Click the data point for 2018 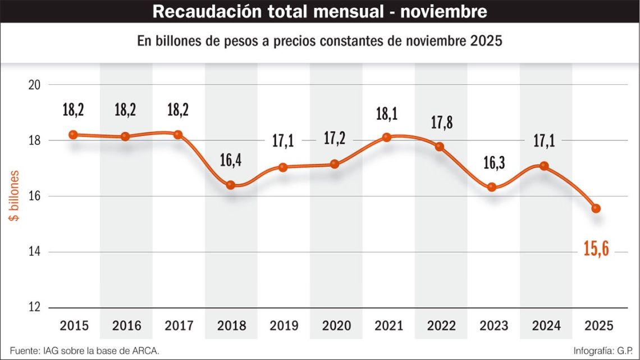pyautogui.click(x=231, y=185)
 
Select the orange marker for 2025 pyautogui.click(x=596, y=208)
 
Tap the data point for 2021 pyautogui.click(x=387, y=137)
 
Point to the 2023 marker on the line pyautogui.click(x=492, y=187)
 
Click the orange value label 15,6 pyautogui.click(x=596, y=247)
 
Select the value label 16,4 pyautogui.click(x=230, y=161)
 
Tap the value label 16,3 pyautogui.click(x=493, y=163)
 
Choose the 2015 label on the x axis pyautogui.click(x=74, y=326)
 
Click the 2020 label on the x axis pyautogui.click(x=336, y=326)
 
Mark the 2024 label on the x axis pyautogui.click(x=546, y=326)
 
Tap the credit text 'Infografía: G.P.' pyautogui.click(x=603, y=351)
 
